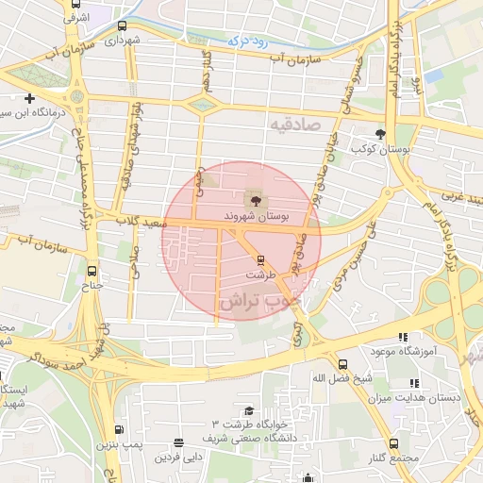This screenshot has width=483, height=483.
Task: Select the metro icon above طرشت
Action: pos(261,260)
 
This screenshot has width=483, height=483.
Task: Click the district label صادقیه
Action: pos(294,124)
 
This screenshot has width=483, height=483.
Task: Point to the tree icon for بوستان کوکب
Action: pos(380,134)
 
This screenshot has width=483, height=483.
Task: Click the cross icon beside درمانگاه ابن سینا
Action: pos(29,98)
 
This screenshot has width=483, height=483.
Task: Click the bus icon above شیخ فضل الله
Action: pos(341,363)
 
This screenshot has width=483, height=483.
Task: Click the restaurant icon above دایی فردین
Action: pos(178,442)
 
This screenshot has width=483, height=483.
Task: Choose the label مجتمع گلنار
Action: pos(391,458)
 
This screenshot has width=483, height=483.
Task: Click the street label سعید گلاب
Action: pos(143,223)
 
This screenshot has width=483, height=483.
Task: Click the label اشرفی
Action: pos(77,16)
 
